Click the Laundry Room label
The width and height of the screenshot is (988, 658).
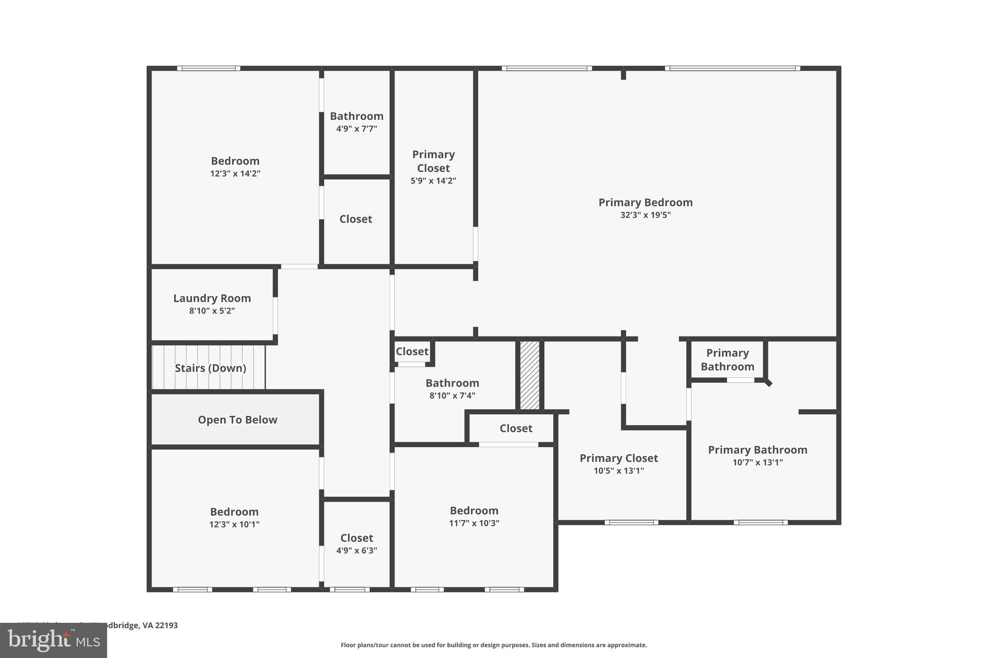tap(212, 298)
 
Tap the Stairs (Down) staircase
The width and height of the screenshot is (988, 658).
tap(210, 368)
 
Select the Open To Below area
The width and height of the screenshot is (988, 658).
tap(237, 420)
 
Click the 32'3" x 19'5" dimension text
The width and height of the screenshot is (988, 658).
tap(645, 215)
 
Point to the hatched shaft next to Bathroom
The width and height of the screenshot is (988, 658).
tap(529, 376)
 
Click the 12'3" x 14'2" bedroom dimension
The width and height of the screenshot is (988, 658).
tap(235, 174)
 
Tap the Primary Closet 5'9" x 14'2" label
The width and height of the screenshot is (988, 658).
tap(433, 161)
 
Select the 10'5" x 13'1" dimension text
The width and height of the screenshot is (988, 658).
tap(618, 471)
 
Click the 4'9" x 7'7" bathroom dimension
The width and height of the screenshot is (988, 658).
tap(357, 129)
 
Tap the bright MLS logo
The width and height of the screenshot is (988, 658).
tap(54, 640)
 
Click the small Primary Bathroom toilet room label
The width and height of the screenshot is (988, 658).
tap(727, 360)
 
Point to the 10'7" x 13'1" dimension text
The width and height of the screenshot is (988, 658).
tap(757, 462)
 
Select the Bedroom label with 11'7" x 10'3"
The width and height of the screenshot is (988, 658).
tap(474, 510)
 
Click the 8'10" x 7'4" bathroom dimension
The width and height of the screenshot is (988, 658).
tap(452, 396)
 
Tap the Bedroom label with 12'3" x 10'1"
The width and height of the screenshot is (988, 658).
tap(234, 512)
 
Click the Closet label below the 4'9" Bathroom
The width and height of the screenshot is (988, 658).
tap(356, 219)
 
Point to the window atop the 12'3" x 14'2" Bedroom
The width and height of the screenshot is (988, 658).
tap(208, 68)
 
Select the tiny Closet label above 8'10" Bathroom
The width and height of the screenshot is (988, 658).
tap(412, 352)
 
